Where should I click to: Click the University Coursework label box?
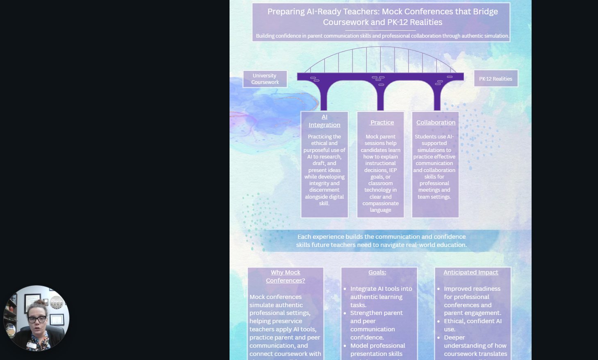[x=265, y=79]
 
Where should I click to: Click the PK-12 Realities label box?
[x=496, y=79]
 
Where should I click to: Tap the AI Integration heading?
[x=324, y=121]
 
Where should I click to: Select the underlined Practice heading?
[x=382, y=122]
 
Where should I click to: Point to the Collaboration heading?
[x=436, y=122]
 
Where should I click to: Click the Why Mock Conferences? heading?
[x=285, y=276]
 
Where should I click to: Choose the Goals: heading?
[x=377, y=272]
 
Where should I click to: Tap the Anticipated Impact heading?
[x=471, y=272]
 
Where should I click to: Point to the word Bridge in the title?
[x=485, y=11]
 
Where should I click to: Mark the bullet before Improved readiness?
[x=438, y=289]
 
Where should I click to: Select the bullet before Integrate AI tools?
[x=345, y=289]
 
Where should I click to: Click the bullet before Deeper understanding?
[x=438, y=337]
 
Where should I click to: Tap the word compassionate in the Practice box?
[x=380, y=203]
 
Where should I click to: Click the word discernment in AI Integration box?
[x=324, y=190]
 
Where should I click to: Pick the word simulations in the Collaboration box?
[x=434, y=150]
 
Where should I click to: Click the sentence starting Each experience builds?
[x=381, y=241]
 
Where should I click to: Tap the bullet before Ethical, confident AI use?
[x=438, y=321]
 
